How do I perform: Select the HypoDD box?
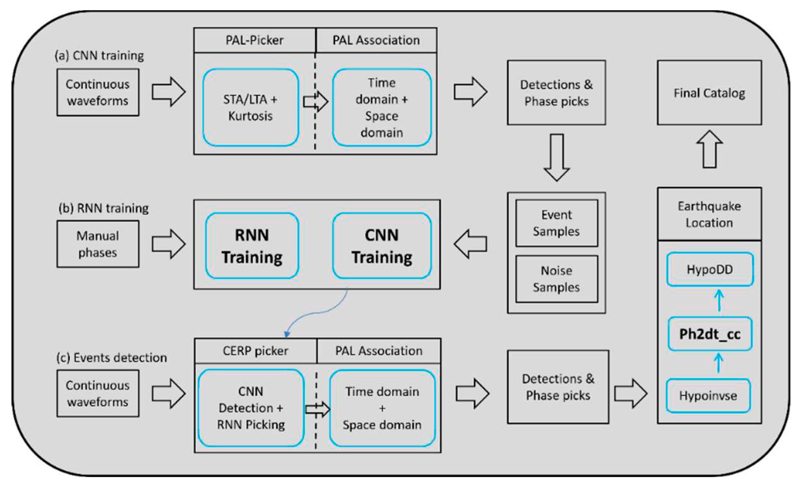(x=710, y=269)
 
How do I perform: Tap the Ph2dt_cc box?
(x=710, y=334)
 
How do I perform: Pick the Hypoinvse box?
(x=708, y=395)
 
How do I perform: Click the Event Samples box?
(x=556, y=223)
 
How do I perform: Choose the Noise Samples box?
(x=556, y=279)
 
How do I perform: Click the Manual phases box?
(x=98, y=244)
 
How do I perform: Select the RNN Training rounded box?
(x=252, y=246)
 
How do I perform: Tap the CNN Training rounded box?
(x=382, y=246)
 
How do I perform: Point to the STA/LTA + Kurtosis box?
(x=250, y=108)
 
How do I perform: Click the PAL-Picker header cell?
(x=255, y=40)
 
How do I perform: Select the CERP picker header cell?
(x=255, y=351)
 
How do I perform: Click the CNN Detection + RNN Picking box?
(x=251, y=408)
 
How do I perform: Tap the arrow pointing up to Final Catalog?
(x=710, y=149)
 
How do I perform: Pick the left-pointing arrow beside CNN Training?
(x=470, y=244)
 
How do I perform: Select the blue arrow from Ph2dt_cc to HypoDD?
(x=719, y=300)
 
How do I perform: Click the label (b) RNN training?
(x=104, y=208)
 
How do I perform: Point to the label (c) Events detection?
(x=112, y=358)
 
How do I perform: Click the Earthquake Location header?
(x=709, y=214)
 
